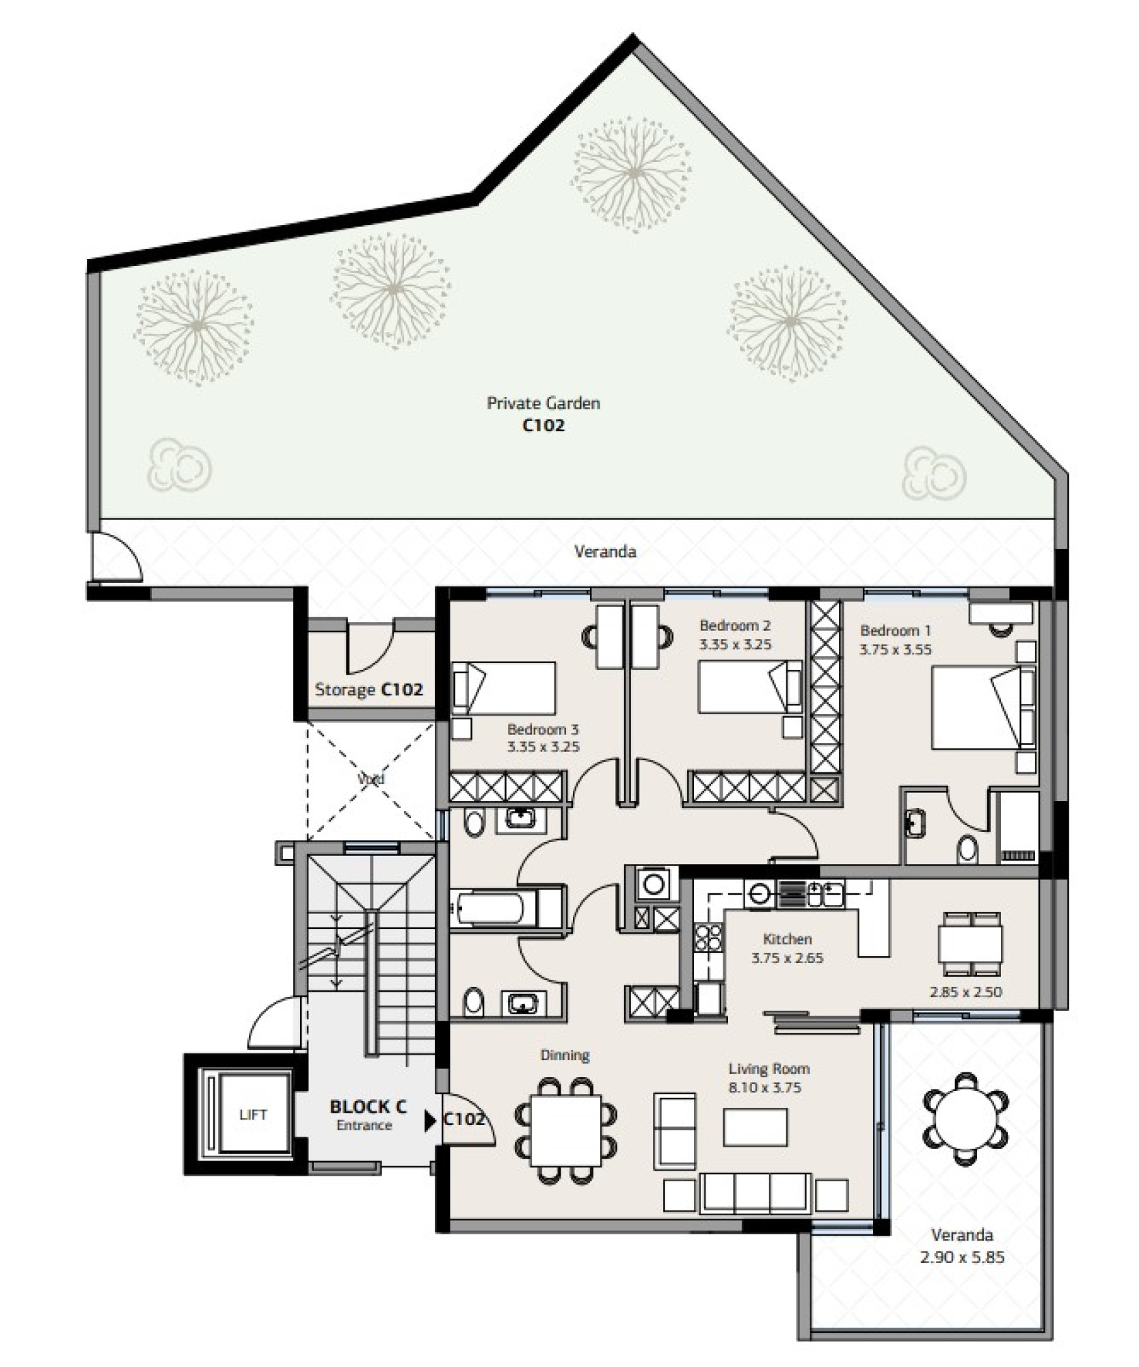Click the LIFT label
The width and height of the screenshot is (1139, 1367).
coord(252,1115)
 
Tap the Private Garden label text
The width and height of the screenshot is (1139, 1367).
coord(544,403)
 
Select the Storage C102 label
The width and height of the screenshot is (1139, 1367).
coord(368,690)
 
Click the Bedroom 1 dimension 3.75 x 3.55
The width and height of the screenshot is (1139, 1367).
coord(896,649)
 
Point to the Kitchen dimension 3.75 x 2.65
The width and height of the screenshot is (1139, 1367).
coord(788,958)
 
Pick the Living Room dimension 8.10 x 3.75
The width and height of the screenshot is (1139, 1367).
coord(765,1087)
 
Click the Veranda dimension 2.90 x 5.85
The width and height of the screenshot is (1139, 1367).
coord(962,1257)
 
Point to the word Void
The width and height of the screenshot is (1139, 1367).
coord(371,779)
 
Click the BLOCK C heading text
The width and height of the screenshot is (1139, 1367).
coord(368,1106)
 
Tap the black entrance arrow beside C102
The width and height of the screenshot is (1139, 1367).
coord(430,1122)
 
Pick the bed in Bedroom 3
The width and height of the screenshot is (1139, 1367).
coord(503,688)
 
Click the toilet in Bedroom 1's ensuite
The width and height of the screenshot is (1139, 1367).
coord(967,850)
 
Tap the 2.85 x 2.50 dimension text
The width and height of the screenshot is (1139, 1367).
coord(966,992)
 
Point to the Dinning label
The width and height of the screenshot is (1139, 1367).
coord(565,1055)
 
